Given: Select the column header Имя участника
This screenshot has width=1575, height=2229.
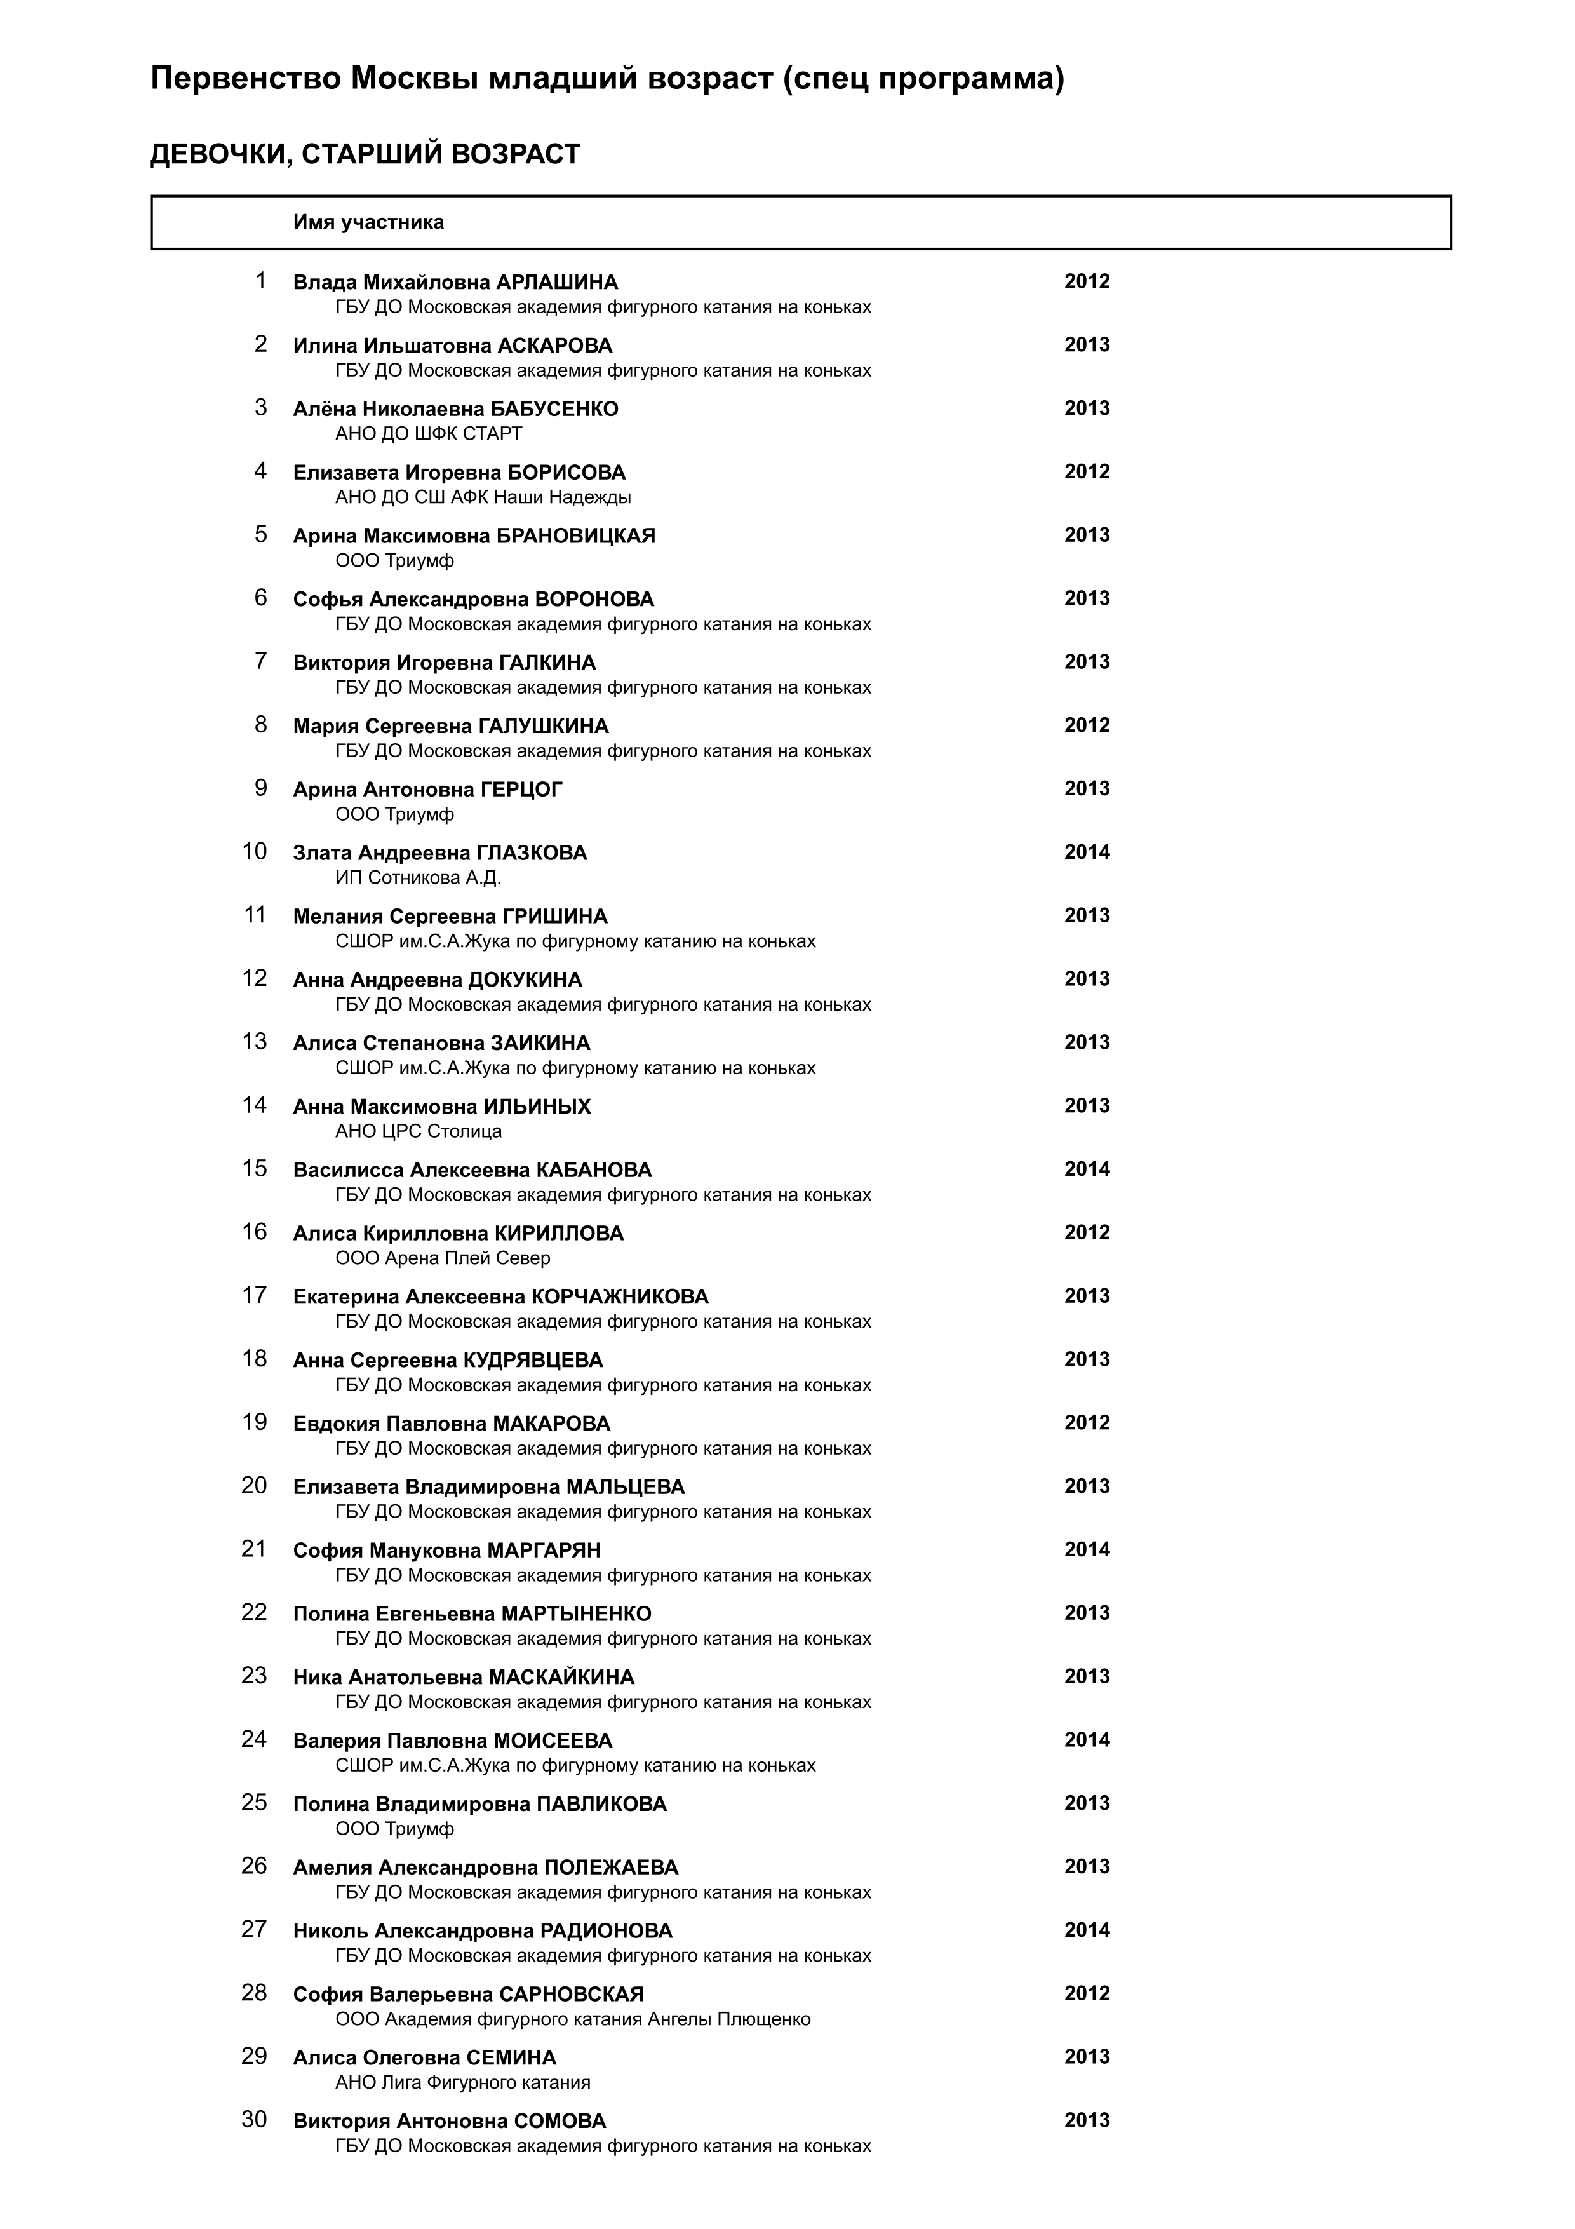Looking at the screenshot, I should click(369, 222).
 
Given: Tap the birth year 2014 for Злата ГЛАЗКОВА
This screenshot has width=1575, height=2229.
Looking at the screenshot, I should click(1086, 852).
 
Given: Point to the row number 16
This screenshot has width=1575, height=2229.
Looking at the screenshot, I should click(254, 1232).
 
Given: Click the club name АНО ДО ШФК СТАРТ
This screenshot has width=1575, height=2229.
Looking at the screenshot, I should click(428, 434).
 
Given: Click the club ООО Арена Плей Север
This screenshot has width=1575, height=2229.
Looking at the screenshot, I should click(443, 1258).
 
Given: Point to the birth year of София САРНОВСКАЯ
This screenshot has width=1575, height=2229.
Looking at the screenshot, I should click(1086, 1993).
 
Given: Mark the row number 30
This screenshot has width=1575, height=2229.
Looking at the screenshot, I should click(254, 2120).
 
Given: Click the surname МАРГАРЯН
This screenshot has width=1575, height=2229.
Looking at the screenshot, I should click(544, 1551).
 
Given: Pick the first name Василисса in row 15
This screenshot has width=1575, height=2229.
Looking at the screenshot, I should click(349, 1171).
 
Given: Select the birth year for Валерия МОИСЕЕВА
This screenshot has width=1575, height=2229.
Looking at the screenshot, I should click(1086, 1740).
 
